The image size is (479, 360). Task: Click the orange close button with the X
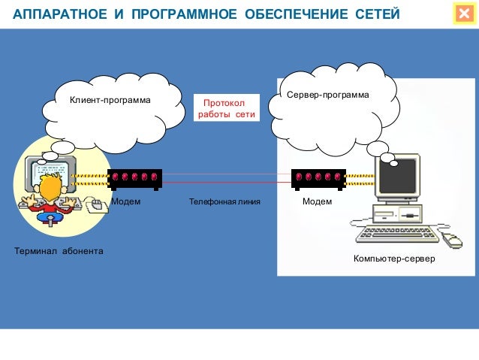pyautogui.click(x=462, y=14)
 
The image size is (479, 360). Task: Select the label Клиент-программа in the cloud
pyautogui.click(x=110, y=100)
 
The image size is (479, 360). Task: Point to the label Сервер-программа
pyautogui.click(x=328, y=96)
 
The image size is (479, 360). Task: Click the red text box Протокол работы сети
pyautogui.click(x=226, y=109)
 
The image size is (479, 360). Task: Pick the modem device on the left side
pyautogui.click(x=134, y=177)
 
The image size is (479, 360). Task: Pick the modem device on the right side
pyautogui.click(x=318, y=177)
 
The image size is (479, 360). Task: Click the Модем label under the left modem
pyautogui.click(x=125, y=202)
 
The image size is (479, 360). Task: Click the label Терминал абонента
pyautogui.click(x=59, y=250)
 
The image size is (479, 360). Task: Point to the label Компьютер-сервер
pyautogui.click(x=394, y=259)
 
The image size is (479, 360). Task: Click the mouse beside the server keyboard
pyautogui.click(x=452, y=239)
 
